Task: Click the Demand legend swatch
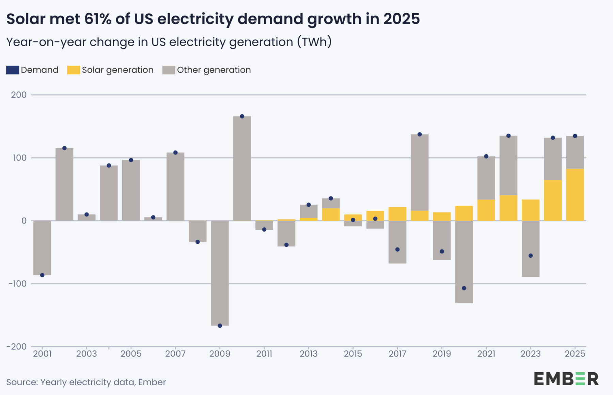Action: coord(13,70)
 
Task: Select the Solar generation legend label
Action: coord(117,70)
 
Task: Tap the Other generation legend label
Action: coord(214,70)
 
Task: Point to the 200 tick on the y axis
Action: coord(19,95)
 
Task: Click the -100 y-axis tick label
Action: coord(17,284)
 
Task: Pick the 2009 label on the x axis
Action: coord(220,354)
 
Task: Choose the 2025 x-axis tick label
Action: coord(575,354)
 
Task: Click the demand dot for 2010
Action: coord(242,116)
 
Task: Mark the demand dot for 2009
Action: coord(220,326)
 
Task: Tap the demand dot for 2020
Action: coord(464,288)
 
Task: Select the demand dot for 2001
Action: coord(42,275)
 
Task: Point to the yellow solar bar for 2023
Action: coord(531,210)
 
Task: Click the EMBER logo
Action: coord(566,379)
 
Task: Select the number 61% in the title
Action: coord(98,19)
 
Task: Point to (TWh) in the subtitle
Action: coord(314,42)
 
